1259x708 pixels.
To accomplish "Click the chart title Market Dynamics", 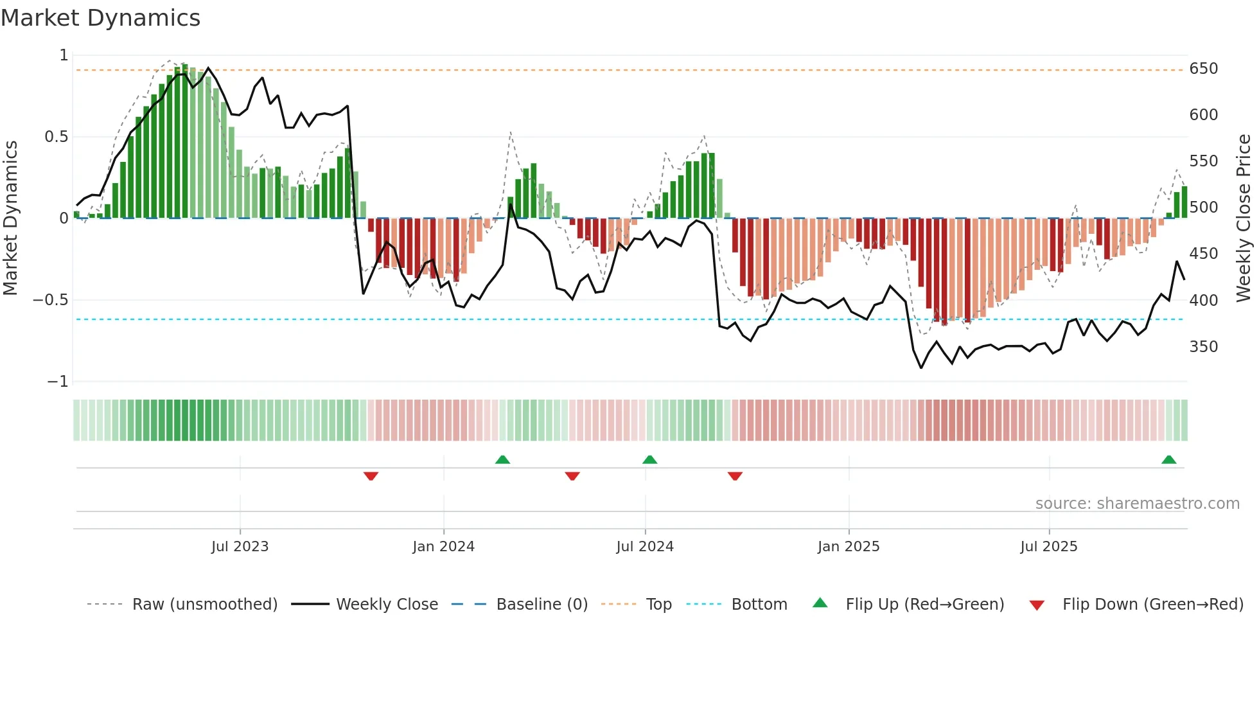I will point(100,18).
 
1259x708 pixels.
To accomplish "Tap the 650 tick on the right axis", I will point(1203,69).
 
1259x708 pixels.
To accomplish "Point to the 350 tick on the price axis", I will point(1203,347).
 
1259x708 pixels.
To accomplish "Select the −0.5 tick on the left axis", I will point(50,300).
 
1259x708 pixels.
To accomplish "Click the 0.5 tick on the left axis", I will point(56,137).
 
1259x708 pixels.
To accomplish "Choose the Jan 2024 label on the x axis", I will point(443,547).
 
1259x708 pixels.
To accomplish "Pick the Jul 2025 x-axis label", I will point(1048,547).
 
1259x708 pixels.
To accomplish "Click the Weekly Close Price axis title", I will point(1244,218).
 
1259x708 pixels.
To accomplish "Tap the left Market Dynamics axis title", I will point(10,218).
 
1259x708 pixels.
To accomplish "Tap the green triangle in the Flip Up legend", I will point(820,603).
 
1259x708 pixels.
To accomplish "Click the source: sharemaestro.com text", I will point(1137,504).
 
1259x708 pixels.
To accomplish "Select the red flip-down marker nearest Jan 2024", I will point(371,476).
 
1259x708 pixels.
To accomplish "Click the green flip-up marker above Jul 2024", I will point(649,459).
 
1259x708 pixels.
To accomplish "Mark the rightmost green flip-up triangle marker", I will point(1168,459).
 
